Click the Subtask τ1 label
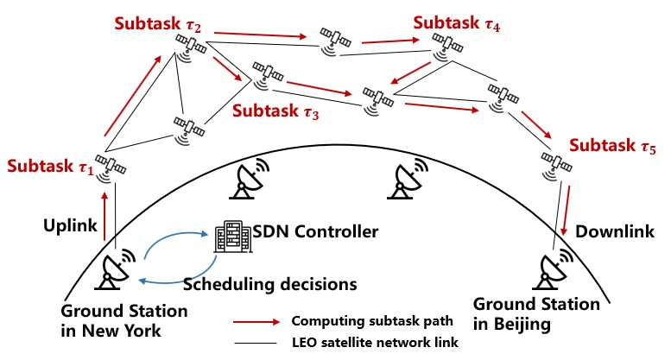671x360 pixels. [50, 164]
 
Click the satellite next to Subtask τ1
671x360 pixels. [110, 166]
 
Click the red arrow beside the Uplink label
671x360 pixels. [104, 217]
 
